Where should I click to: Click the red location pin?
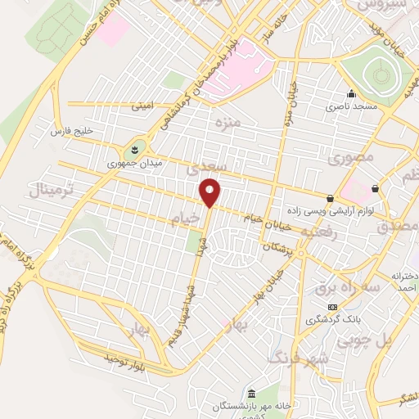[x=210, y=193]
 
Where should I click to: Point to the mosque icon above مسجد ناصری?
[x=352, y=93]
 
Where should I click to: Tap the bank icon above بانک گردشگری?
[x=331, y=307]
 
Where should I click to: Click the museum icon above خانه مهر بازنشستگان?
[x=253, y=393]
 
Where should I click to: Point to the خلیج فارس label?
[x=73, y=131]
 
